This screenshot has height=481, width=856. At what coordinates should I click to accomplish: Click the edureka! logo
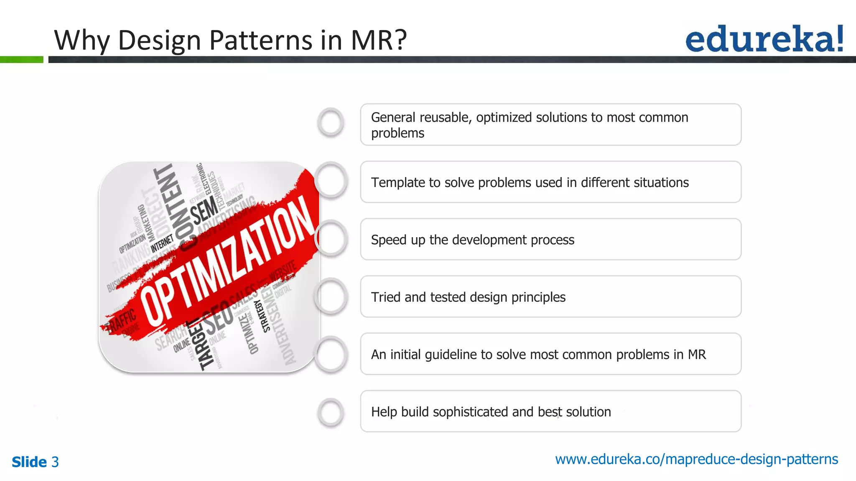(x=764, y=39)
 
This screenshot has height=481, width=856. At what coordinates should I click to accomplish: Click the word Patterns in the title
(x=260, y=41)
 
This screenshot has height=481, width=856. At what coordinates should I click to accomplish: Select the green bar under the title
(x=21, y=60)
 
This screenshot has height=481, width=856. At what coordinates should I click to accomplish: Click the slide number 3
(x=55, y=462)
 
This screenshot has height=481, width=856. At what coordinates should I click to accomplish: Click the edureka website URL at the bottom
(x=696, y=459)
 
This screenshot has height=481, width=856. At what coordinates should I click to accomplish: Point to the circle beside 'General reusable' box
(x=331, y=123)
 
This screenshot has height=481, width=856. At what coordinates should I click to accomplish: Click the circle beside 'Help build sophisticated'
(x=331, y=413)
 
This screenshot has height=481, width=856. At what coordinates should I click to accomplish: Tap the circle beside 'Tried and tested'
(x=331, y=297)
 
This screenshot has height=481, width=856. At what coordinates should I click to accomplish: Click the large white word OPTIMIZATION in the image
(x=228, y=261)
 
